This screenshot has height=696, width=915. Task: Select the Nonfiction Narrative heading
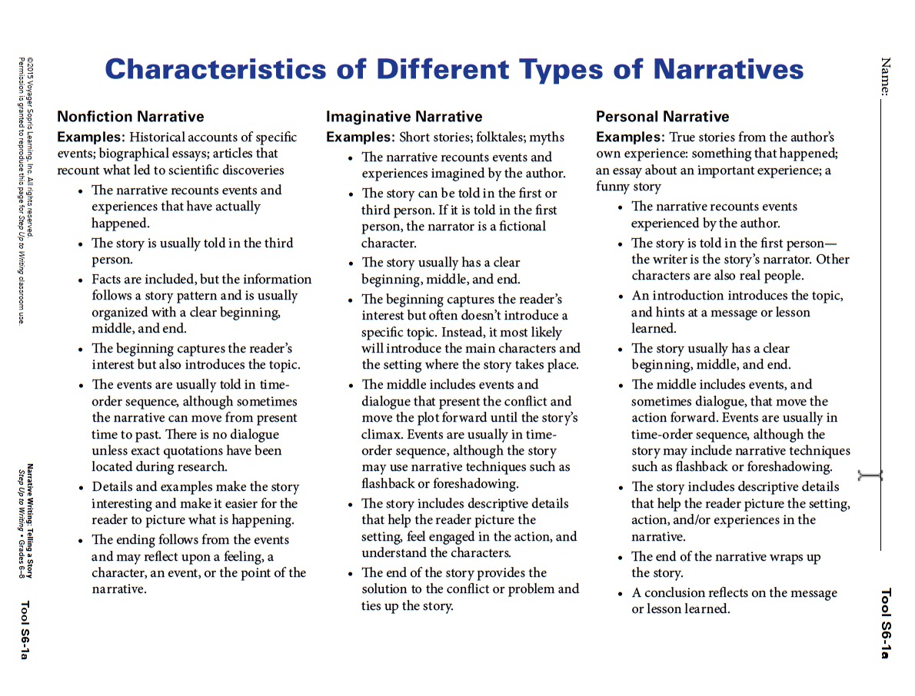tap(131, 117)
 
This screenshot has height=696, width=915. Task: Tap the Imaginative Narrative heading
tap(404, 117)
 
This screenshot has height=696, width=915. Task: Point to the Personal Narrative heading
tap(662, 117)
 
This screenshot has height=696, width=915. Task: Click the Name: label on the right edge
tap(886, 76)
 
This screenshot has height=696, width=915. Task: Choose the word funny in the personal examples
tap(614, 187)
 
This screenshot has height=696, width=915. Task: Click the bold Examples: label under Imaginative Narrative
tap(360, 138)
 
